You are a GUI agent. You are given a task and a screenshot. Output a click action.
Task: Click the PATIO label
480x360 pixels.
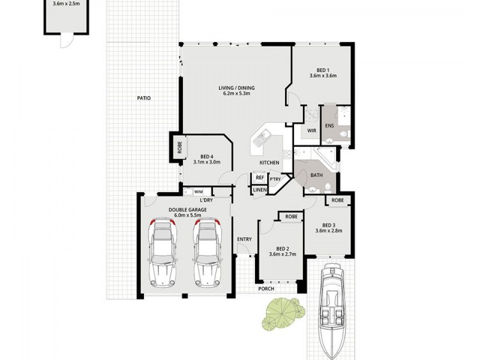click(x=143, y=98)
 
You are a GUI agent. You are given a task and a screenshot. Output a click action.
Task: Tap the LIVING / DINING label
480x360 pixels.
click(x=239, y=89)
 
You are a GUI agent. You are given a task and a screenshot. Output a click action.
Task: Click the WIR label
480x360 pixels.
click(x=312, y=130)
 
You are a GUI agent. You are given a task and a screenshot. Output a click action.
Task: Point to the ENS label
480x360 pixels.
click(x=329, y=126)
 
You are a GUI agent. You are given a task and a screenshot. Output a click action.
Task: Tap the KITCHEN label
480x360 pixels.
click(x=269, y=163)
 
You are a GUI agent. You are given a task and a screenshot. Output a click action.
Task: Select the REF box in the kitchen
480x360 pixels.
click(x=260, y=178)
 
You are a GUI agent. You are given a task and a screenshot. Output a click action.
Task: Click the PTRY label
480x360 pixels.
click(x=275, y=178)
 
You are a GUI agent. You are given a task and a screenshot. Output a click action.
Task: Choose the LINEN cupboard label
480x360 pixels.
click(x=260, y=190)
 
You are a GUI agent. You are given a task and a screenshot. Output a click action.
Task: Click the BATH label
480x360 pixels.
click(x=317, y=175)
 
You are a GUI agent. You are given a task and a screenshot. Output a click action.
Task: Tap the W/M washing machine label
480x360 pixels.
click(x=197, y=191)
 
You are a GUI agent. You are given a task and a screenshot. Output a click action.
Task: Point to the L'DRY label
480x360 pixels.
click(x=206, y=200)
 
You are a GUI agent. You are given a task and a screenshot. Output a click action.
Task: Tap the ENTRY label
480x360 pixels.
click(x=244, y=239)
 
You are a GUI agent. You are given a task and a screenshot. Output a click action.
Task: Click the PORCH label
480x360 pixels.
click(x=266, y=289)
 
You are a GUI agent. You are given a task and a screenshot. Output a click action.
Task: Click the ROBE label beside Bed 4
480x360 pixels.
click(x=179, y=147)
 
